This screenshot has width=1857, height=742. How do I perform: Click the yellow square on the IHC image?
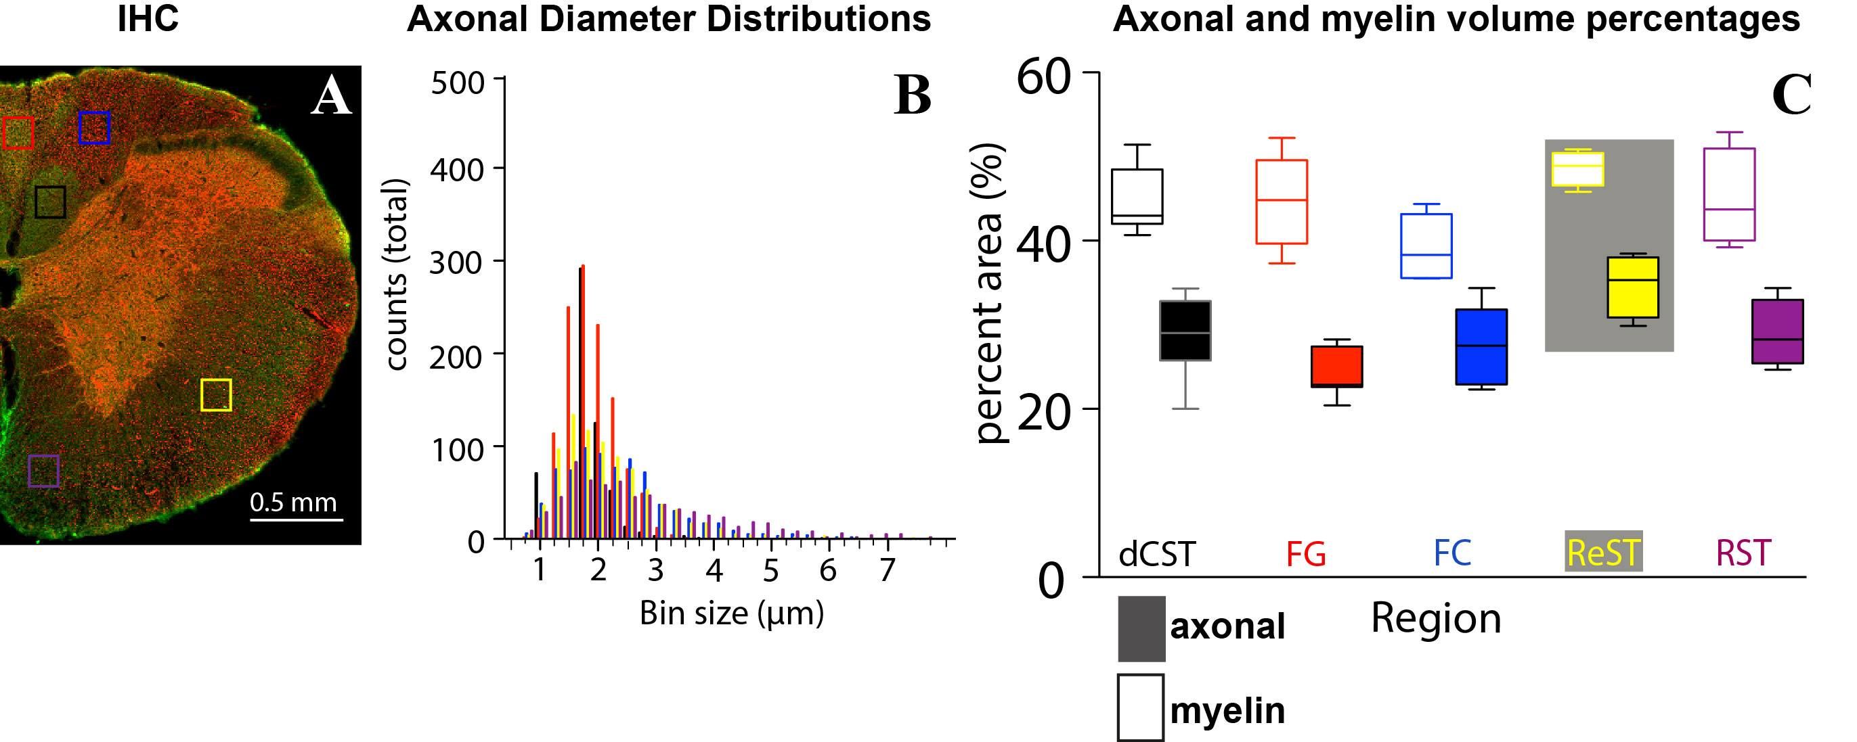[215, 395]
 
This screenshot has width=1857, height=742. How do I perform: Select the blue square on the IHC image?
[94, 128]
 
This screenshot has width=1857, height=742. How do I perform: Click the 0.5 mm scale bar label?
[293, 502]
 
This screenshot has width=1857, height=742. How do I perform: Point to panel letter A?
[331, 96]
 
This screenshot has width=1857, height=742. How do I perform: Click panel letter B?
[912, 96]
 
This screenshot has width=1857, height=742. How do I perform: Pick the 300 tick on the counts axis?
[456, 263]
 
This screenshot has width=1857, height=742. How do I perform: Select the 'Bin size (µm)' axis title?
[731, 613]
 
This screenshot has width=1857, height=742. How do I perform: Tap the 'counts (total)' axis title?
[396, 275]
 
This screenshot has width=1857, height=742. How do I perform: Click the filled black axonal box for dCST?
[1185, 331]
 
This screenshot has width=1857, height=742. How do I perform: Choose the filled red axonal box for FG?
[1336, 367]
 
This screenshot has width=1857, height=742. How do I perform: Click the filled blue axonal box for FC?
[1481, 346]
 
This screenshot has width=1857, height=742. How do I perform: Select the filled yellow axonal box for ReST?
[1633, 287]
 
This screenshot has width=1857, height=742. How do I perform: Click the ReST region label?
[1603, 553]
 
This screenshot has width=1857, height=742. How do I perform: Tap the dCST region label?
[1156, 554]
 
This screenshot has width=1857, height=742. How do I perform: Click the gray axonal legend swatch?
[1141, 628]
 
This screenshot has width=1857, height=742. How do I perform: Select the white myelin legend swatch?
[1141, 708]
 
